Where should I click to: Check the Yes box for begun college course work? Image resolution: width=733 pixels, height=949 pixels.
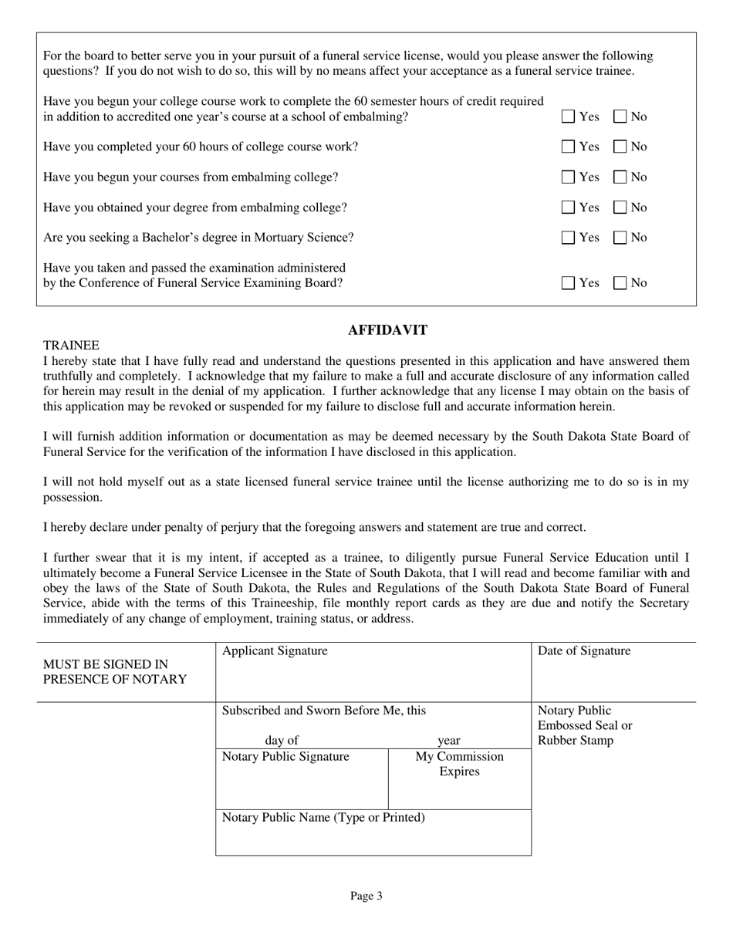coord(569,117)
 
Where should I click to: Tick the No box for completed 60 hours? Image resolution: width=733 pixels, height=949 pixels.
coord(621,147)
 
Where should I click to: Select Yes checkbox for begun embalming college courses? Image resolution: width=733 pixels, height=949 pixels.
coord(569,177)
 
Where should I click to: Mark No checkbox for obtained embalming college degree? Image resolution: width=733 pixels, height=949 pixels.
coord(621,208)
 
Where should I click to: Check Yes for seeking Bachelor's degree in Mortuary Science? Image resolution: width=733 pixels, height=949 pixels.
coord(569,238)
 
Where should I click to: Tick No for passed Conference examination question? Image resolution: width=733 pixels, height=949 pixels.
coord(621,283)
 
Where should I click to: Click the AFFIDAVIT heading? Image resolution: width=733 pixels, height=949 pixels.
coord(387,330)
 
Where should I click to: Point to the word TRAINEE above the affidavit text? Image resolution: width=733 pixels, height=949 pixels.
coord(71,345)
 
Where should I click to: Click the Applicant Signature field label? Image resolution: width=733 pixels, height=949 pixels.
coord(275,651)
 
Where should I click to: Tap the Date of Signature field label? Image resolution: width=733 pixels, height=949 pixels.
coord(584,651)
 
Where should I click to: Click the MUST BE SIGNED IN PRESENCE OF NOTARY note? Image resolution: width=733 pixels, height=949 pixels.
coord(115,672)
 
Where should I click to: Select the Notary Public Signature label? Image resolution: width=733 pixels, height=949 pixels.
coord(285,757)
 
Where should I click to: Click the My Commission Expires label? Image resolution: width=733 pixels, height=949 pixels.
coord(460,764)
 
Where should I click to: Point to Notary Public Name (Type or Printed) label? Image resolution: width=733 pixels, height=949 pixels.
coord(323,817)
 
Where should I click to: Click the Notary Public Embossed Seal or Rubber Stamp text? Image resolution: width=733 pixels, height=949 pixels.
coord(584,725)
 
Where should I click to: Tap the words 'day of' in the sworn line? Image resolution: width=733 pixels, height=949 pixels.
coord(282,741)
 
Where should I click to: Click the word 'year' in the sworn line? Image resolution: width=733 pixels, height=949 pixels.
coord(449,741)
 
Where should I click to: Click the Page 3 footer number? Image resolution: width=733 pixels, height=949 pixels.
coord(366,896)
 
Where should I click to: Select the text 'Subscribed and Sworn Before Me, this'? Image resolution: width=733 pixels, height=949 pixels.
coord(324,711)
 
